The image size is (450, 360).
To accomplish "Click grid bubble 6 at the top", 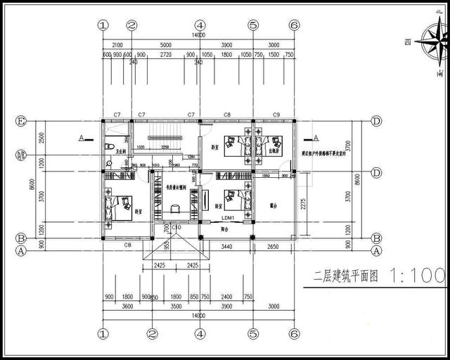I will [294, 25].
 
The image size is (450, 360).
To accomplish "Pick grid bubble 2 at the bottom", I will [151, 334].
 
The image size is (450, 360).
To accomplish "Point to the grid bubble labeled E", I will [21, 122].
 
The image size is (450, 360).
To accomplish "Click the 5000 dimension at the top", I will [165, 44].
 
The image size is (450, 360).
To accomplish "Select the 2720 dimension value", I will [166, 54].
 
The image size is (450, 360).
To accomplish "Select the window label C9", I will [276, 114].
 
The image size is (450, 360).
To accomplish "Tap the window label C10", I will [176, 228].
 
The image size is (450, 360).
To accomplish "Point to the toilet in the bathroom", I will [108, 163].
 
